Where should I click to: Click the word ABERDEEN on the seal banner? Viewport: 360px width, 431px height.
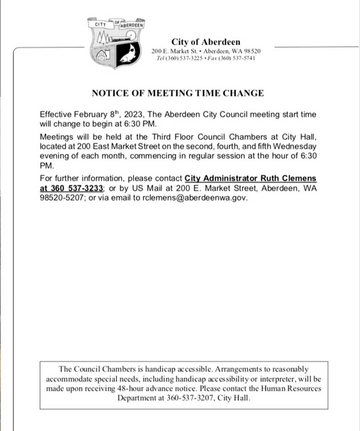132,25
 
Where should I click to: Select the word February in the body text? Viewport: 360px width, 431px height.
91,115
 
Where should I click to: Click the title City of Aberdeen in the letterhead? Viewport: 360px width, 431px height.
205,42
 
